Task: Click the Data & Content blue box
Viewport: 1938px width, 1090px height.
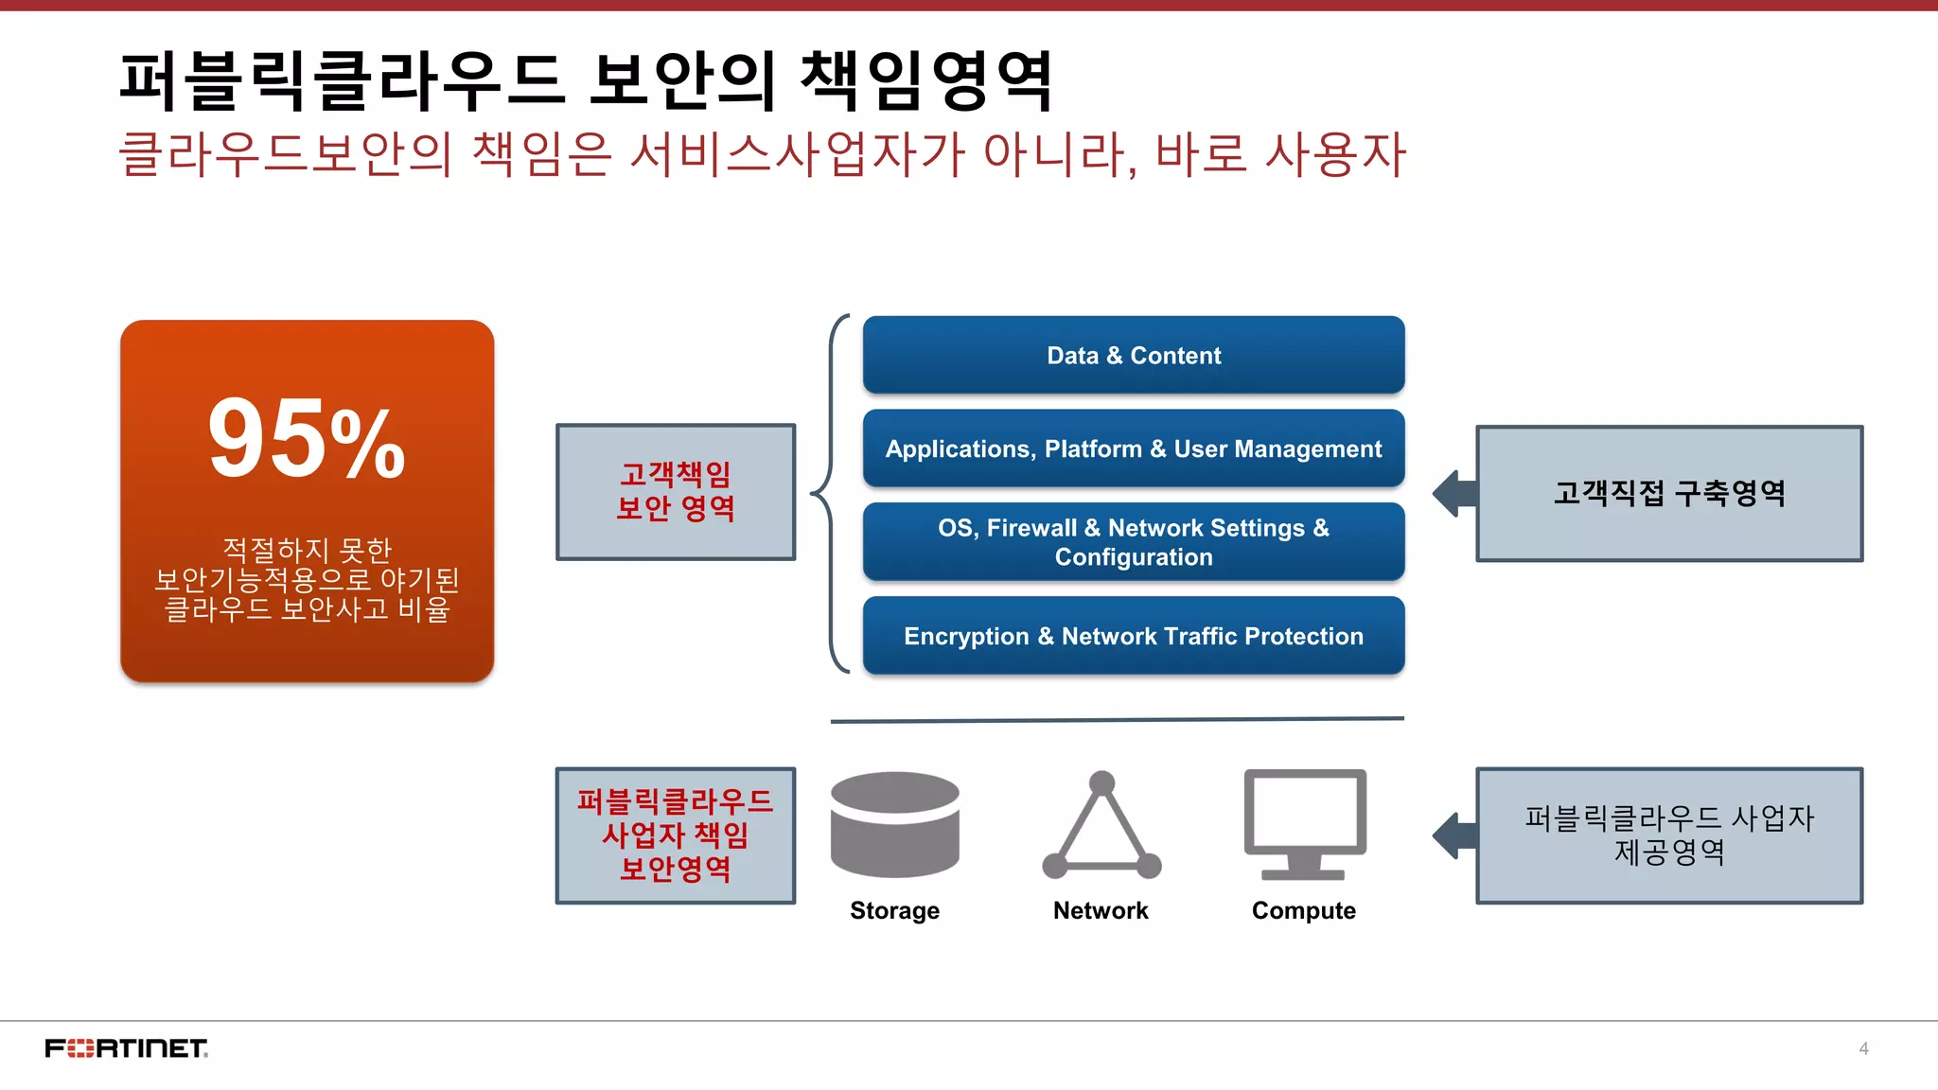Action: (1133, 356)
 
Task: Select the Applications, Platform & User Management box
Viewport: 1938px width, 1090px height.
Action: (1133, 448)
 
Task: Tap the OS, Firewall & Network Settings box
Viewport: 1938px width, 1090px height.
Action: (1133, 542)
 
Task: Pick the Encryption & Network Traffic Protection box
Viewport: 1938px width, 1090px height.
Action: (1133, 636)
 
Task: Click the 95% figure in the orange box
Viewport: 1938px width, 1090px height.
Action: (306, 439)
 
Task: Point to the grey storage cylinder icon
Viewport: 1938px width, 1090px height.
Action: (894, 823)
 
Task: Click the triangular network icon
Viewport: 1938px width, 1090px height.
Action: (1101, 827)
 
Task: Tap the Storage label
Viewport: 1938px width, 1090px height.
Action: (894, 910)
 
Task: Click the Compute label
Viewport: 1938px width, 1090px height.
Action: (1303, 910)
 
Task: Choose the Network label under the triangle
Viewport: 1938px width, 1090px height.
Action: (1101, 910)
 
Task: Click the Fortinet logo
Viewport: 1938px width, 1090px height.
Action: (126, 1048)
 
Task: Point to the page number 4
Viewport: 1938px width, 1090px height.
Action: (1863, 1048)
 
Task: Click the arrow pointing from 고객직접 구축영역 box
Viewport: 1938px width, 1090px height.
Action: (1454, 493)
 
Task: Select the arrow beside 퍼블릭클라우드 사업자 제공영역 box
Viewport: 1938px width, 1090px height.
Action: (1454, 835)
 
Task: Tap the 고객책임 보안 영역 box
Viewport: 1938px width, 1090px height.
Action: (675, 492)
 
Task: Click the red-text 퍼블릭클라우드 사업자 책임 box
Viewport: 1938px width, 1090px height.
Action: (675, 835)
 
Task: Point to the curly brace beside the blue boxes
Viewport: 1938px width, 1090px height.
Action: (825, 493)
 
